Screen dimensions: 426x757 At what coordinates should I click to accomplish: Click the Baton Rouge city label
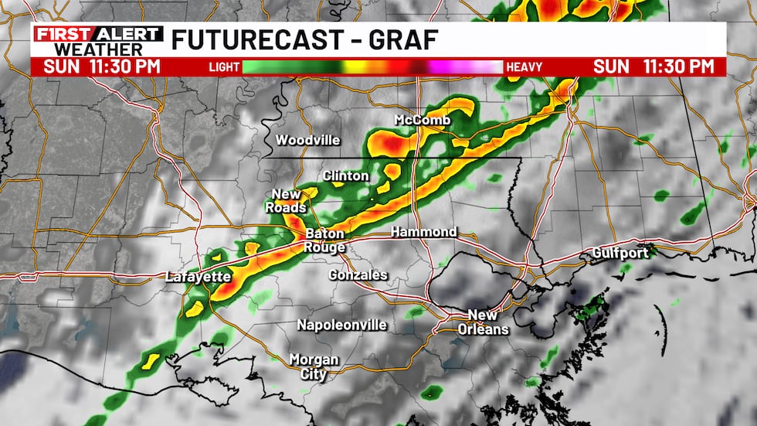[325, 240]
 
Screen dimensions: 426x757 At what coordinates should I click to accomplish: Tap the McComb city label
[422, 121]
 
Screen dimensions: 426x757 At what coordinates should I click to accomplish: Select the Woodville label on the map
[308, 140]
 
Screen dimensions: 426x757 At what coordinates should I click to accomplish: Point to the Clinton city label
[345, 176]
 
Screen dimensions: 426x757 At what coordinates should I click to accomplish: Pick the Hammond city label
[423, 232]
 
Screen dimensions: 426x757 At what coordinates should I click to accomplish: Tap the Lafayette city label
[198, 277]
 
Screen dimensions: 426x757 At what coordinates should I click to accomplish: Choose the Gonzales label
[358, 275]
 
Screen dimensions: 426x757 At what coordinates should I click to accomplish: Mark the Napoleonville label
[342, 325]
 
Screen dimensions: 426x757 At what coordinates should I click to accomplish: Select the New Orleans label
[487, 322]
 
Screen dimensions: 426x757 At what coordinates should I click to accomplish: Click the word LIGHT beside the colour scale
[224, 67]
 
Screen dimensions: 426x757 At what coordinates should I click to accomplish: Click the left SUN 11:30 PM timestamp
[102, 66]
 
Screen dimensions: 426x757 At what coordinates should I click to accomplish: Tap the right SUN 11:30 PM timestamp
[654, 66]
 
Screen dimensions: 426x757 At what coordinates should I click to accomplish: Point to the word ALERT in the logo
[127, 34]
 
